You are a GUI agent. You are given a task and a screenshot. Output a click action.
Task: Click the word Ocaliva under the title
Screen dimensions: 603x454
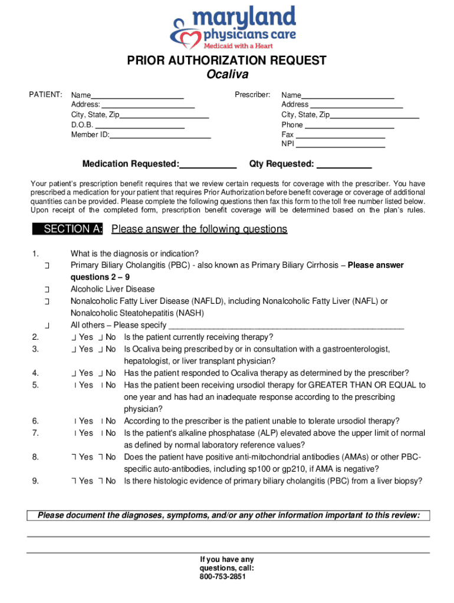227,75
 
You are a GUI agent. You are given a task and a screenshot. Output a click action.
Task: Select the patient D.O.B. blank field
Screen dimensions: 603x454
140,125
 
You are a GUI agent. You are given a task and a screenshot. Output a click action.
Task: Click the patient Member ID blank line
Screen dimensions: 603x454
160,135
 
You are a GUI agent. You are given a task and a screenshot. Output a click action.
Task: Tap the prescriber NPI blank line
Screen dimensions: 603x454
340,144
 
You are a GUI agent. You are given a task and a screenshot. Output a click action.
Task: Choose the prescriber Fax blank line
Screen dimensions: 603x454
340,135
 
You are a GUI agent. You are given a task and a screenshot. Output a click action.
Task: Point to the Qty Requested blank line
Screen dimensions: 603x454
344,164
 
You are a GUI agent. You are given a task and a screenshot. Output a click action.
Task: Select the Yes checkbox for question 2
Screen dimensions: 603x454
74,337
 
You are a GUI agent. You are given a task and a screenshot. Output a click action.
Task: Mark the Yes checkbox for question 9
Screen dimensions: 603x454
74,481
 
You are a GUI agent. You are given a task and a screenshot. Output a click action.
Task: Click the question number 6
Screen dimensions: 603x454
35,421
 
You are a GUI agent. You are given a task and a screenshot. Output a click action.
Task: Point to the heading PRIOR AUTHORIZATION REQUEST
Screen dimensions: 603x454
227,61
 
